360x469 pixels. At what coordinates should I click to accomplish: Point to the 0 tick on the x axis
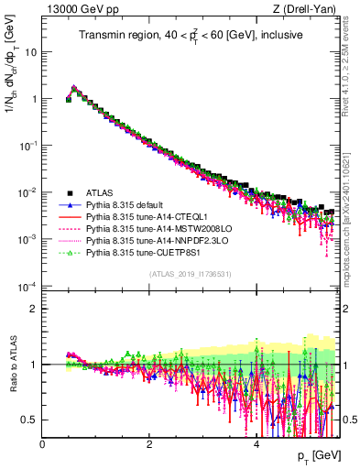point(42,444)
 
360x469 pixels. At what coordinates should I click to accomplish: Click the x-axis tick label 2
point(149,444)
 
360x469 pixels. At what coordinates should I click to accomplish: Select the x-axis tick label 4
point(256,444)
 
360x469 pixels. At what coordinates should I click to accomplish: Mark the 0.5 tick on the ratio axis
point(28,420)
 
